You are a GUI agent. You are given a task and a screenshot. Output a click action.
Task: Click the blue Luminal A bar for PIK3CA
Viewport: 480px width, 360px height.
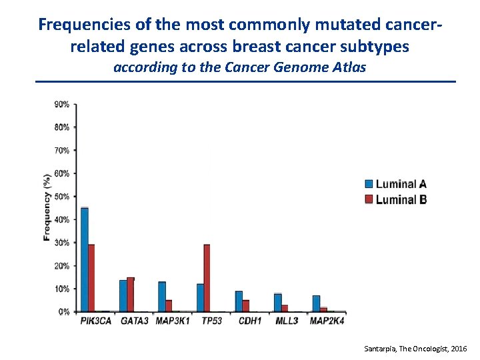85,260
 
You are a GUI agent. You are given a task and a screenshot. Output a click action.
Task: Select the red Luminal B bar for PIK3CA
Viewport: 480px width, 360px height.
91,278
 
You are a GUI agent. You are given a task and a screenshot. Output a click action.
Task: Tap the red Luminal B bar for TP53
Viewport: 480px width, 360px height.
207,278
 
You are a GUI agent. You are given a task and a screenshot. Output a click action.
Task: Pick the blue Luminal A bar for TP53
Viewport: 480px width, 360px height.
200,298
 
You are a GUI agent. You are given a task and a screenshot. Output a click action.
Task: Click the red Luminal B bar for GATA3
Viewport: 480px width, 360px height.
131,295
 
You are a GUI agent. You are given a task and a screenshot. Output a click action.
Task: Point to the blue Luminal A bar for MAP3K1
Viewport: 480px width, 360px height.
162,297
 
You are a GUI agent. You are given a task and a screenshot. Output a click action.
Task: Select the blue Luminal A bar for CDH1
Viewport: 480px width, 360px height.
239,301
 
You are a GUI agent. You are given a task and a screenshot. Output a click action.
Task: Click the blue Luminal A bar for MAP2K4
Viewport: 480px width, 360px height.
316,303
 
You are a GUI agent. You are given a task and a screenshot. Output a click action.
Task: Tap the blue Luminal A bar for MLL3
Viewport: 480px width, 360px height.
277,303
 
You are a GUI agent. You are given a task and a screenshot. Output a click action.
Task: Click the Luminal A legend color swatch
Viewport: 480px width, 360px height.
369,184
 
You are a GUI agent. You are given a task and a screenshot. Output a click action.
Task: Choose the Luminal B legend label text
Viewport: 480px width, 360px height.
401,199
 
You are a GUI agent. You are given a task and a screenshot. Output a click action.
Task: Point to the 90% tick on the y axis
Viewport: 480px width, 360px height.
62,105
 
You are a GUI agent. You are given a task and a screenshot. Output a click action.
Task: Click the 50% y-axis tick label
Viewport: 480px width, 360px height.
62,197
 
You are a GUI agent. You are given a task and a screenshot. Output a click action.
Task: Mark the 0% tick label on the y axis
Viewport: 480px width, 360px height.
64,311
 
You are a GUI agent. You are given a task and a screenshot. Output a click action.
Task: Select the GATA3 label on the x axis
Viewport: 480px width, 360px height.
135,321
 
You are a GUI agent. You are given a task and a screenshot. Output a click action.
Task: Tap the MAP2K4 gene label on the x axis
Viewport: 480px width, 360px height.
327,321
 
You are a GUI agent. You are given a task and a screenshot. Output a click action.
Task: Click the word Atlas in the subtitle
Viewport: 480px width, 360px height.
349,67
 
